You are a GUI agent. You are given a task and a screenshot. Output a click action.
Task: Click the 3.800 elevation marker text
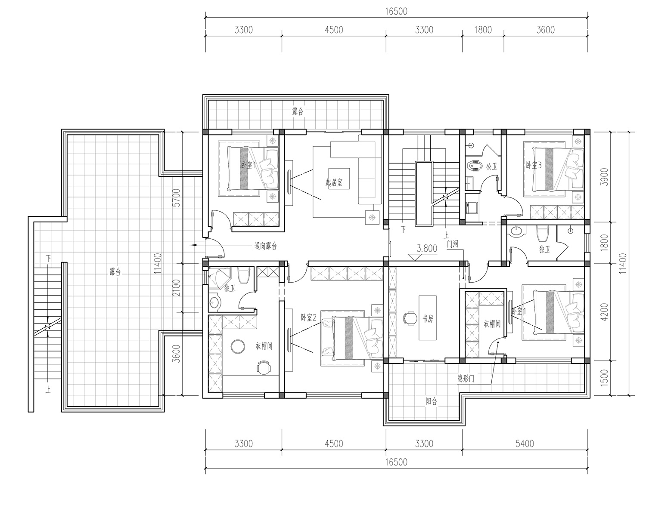[x=427, y=248]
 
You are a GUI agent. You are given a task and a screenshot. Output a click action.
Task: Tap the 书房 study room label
[x=428, y=319]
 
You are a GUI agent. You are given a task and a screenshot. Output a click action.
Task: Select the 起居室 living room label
[x=334, y=183]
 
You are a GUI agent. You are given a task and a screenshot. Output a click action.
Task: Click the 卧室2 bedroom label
[x=308, y=317]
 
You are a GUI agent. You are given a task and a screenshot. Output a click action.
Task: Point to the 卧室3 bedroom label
[x=534, y=165]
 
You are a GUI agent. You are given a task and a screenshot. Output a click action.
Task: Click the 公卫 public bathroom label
[x=492, y=166]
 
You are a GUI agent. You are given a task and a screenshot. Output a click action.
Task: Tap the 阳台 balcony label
[x=431, y=401]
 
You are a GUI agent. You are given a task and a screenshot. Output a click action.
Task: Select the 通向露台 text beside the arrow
[x=266, y=246]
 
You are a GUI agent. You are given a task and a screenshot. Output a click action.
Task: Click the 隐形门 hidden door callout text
[x=466, y=378]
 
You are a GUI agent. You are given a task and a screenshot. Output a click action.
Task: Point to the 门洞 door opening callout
[x=452, y=244]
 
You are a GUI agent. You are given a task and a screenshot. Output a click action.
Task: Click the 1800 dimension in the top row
[x=483, y=30]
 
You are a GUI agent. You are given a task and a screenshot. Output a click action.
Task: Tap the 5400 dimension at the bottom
[x=525, y=444]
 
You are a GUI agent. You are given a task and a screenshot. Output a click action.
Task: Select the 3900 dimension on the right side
[x=604, y=177]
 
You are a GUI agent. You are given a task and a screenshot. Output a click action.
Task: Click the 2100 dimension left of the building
[x=177, y=288]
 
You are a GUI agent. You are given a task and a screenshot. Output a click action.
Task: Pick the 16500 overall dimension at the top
[x=396, y=11]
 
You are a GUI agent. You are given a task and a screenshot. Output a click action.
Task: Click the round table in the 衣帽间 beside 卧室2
[x=238, y=346]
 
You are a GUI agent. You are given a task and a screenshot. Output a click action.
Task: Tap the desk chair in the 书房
[x=410, y=318]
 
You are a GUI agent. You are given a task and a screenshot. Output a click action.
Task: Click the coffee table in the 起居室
[x=339, y=179]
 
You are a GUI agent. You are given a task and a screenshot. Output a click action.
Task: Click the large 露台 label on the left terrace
[x=115, y=271]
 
